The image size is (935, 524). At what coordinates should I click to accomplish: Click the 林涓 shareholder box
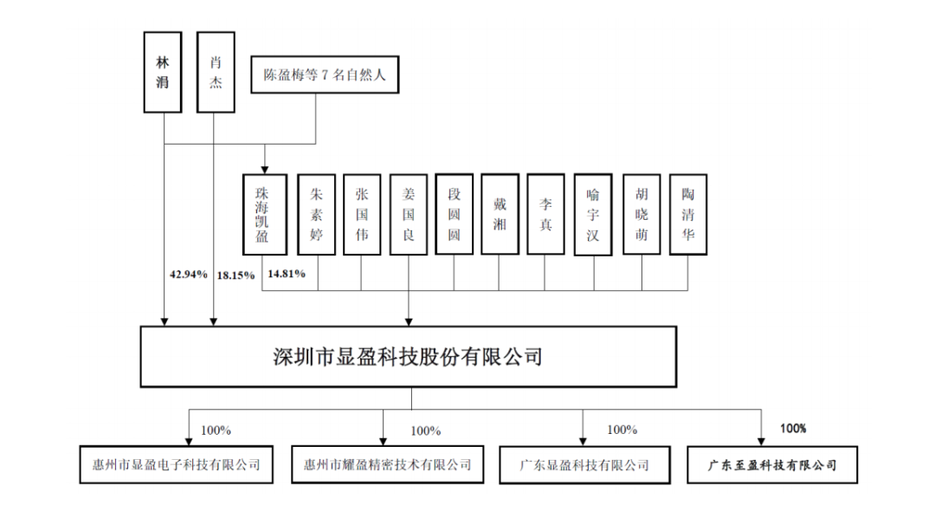(x=163, y=72)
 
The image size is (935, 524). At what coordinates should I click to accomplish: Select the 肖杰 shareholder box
(x=216, y=72)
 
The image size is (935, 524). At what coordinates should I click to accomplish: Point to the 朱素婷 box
(x=316, y=213)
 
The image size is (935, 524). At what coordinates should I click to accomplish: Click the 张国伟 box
(x=362, y=213)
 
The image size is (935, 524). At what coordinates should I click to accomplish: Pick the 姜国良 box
(x=408, y=213)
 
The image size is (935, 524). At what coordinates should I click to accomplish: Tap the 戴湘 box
(x=500, y=213)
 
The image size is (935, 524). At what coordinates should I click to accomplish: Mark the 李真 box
(x=546, y=213)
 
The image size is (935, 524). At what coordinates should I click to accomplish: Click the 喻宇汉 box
(x=593, y=213)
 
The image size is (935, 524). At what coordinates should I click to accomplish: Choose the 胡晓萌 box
(x=642, y=213)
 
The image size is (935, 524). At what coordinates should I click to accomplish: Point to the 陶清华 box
(x=688, y=213)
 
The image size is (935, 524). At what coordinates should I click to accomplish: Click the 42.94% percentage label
(x=189, y=275)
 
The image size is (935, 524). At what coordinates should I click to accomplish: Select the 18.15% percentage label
(x=235, y=275)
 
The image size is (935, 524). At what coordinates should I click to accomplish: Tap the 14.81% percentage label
(x=287, y=275)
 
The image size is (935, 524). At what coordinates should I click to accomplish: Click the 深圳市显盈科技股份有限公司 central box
(x=408, y=356)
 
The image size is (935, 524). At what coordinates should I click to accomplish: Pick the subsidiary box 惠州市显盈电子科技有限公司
(x=171, y=464)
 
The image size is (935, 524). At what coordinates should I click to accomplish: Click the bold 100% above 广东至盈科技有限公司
(x=793, y=428)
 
